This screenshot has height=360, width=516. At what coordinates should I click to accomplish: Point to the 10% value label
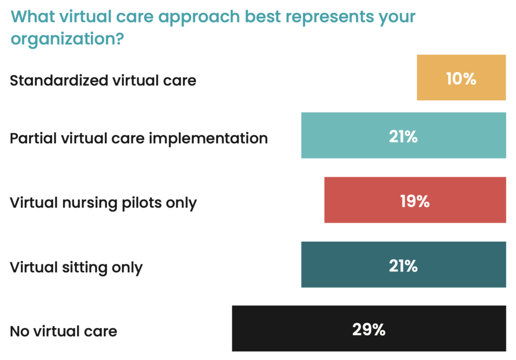point(461,79)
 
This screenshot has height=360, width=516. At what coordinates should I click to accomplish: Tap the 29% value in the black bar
point(368,330)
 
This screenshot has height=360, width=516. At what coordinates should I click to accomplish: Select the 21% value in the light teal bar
point(403,136)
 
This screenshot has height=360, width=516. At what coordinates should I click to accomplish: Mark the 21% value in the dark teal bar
point(403,265)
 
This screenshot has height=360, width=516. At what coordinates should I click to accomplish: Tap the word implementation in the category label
point(219,138)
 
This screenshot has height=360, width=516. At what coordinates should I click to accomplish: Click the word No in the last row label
point(19,331)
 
